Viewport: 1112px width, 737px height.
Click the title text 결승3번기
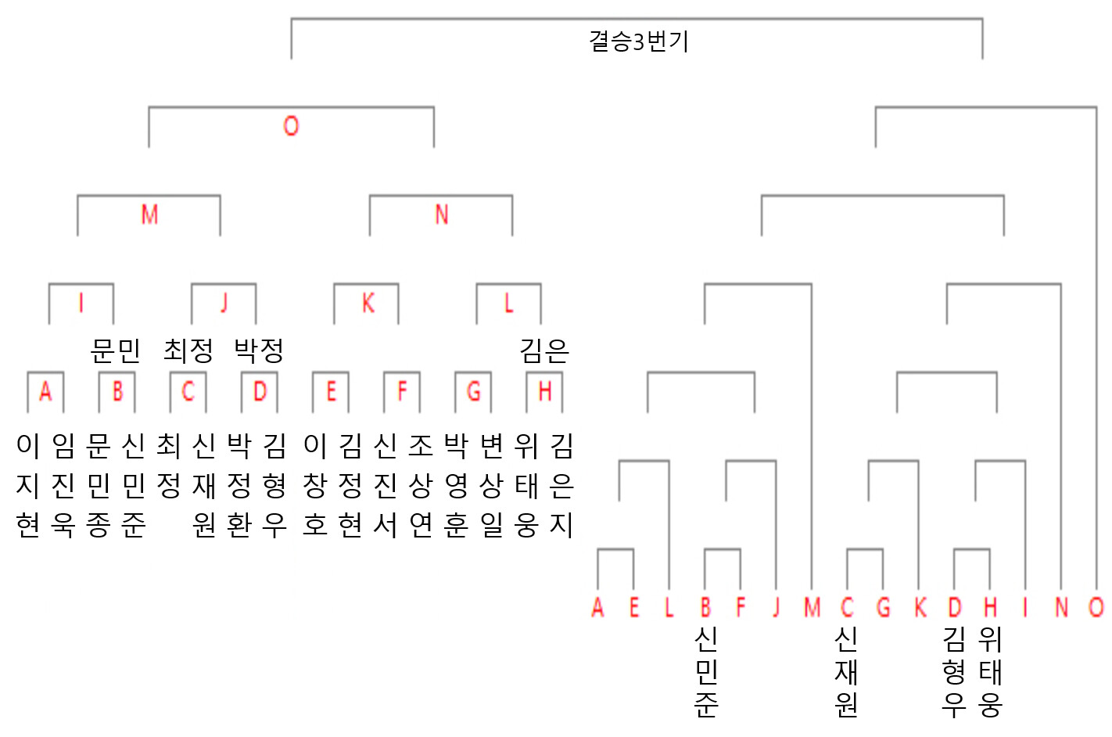pyautogui.click(x=639, y=41)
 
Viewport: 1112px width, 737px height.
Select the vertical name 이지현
pyautogui.click(x=27, y=485)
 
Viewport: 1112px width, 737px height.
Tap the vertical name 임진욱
pyautogui.click(x=63, y=485)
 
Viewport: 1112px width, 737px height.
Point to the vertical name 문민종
pyautogui.click(x=99, y=485)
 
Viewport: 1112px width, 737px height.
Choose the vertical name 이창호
pyautogui.click(x=315, y=485)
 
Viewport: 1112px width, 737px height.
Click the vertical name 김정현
pyautogui.click(x=350, y=485)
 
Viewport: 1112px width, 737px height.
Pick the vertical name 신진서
pyautogui.click(x=386, y=485)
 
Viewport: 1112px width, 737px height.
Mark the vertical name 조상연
pyautogui.click(x=421, y=485)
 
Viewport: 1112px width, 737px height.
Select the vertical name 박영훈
pyautogui.click(x=456, y=485)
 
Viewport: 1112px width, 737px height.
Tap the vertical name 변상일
pyautogui.click(x=491, y=485)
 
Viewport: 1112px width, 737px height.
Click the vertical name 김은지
pyautogui.click(x=561, y=485)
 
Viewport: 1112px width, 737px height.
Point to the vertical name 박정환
pyautogui.click(x=239, y=485)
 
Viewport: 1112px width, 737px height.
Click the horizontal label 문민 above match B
pyautogui.click(x=116, y=351)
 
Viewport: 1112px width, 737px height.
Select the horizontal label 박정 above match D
pyautogui.click(x=259, y=351)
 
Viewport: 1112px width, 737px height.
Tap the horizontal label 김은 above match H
pyautogui.click(x=544, y=351)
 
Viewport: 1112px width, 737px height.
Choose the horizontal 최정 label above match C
pyautogui.click(x=188, y=351)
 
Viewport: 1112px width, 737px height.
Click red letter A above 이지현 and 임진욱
pyautogui.click(x=45, y=391)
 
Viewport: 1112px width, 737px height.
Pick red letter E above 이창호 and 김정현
pyautogui.click(x=331, y=391)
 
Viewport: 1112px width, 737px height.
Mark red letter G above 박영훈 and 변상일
pyautogui.click(x=473, y=391)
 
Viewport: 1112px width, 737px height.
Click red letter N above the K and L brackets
pyautogui.click(x=441, y=214)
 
